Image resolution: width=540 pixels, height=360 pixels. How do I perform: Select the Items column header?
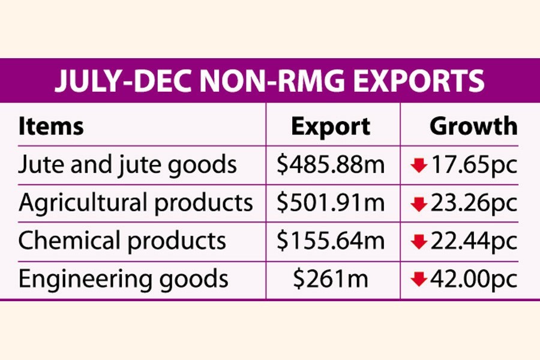pyautogui.click(x=51, y=127)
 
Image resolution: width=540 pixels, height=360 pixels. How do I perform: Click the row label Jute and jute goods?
pyautogui.click(x=128, y=165)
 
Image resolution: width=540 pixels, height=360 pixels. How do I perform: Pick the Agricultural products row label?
pyautogui.click(x=136, y=203)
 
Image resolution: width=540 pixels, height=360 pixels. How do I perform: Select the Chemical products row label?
pyautogui.click(x=122, y=241)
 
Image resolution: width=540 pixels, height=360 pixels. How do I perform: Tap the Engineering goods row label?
pyautogui.click(x=124, y=279)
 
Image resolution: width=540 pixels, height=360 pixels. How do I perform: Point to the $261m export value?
pyautogui.click(x=331, y=279)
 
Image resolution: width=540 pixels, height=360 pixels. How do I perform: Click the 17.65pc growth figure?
pyautogui.click(x=472, y=165)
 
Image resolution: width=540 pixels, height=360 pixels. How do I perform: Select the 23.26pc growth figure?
pyautogui.click(x=472, y=203)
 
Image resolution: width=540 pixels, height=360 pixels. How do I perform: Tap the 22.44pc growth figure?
pyautogui.click(x=472, y=241)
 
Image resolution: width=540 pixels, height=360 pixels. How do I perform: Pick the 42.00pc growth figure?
pyautogui.click(x=472, y=279)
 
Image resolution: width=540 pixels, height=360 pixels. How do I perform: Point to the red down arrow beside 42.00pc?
pyautogui.click(x=418, y=280)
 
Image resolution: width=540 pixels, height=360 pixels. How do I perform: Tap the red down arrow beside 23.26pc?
pyautogui.click(x=418, y=205)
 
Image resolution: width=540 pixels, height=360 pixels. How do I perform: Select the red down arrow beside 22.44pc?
pyautogui.click(x=418, y=242)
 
